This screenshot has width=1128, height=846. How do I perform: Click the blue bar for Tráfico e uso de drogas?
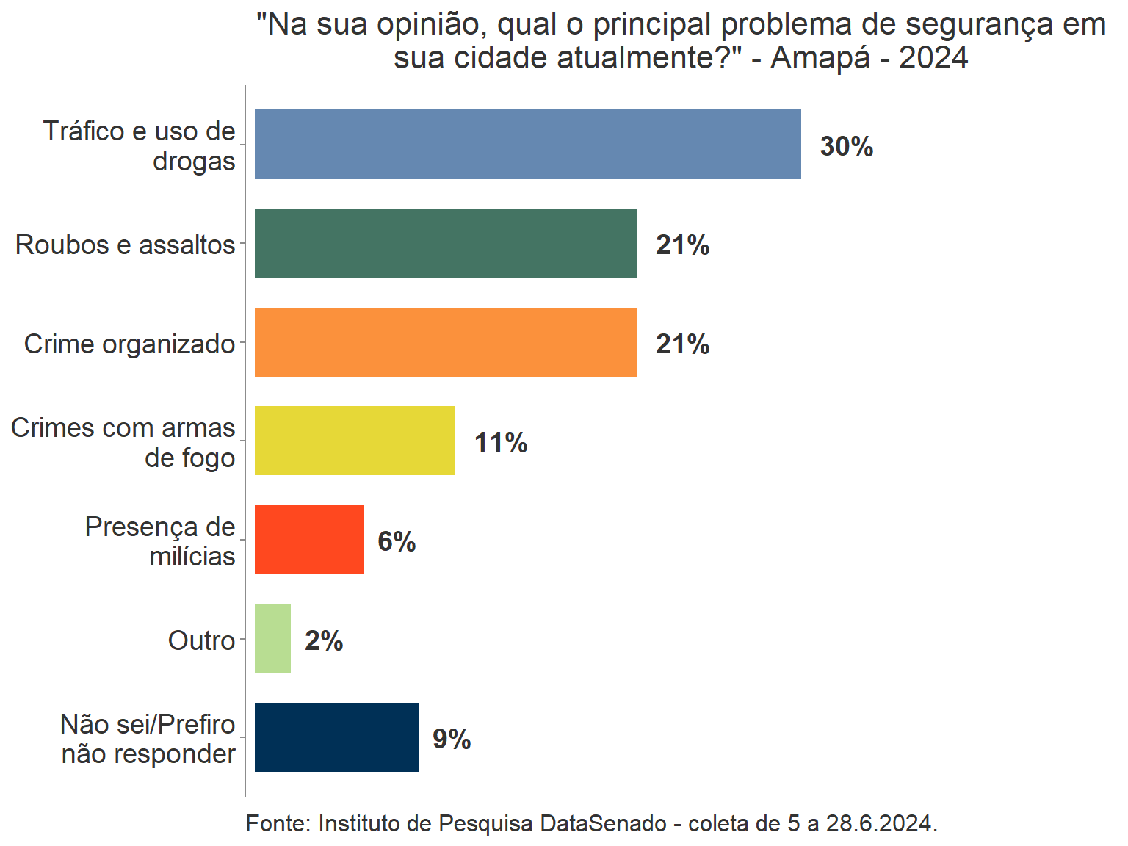coord(527,144)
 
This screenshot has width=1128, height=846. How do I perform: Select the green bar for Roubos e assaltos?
coord(446,243)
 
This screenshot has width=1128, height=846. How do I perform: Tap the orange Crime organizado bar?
coord(446,342)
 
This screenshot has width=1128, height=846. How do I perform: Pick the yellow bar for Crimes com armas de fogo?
coord(355,441)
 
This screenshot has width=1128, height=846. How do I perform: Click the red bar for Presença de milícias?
coord(309,540)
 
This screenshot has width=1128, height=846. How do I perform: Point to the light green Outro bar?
coord(272,639)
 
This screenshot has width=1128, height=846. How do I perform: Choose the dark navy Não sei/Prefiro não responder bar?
coord(336,737)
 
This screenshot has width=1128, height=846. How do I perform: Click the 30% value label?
coord(846,146)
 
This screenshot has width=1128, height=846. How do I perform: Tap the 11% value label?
coord(501,443)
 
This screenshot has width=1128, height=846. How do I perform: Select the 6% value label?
coord(397,542)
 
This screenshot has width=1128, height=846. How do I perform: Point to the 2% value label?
coord(324,641)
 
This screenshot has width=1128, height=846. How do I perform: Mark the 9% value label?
coord(452,739)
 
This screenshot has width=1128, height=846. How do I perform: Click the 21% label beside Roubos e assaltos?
coord(682,245)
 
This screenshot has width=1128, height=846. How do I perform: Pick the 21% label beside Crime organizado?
coord(682,344)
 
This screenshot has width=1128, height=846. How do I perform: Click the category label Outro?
coord(201,640)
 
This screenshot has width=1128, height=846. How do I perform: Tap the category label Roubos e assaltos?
coord(125,245)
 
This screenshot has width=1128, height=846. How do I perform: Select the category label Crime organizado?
coord(129,344)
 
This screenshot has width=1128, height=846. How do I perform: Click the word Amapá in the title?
coord(820,57)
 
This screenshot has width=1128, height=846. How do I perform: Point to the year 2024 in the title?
coord(933,57)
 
